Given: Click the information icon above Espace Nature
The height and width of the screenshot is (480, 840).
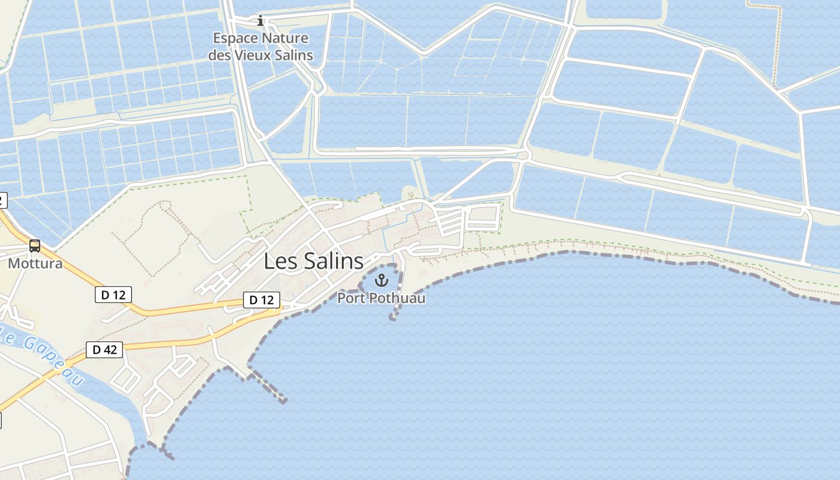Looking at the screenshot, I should point(260,21).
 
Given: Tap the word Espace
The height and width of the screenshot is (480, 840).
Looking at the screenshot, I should point(234,39).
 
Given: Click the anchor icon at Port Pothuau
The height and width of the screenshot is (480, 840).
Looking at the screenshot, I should point(381,280).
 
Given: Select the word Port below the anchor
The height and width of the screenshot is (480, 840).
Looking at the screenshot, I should point(350,298).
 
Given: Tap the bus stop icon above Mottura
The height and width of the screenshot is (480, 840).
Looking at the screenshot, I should point(35,245).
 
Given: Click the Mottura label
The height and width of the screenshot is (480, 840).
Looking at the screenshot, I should point(35,263).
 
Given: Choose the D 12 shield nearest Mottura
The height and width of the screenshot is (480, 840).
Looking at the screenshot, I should point(113,295).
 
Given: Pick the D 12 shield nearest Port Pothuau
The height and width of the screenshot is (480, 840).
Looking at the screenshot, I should point(261,300).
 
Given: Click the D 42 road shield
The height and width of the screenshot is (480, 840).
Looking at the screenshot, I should point(104,350).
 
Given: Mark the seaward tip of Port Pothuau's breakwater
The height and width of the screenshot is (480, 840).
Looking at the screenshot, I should point(393,318).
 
